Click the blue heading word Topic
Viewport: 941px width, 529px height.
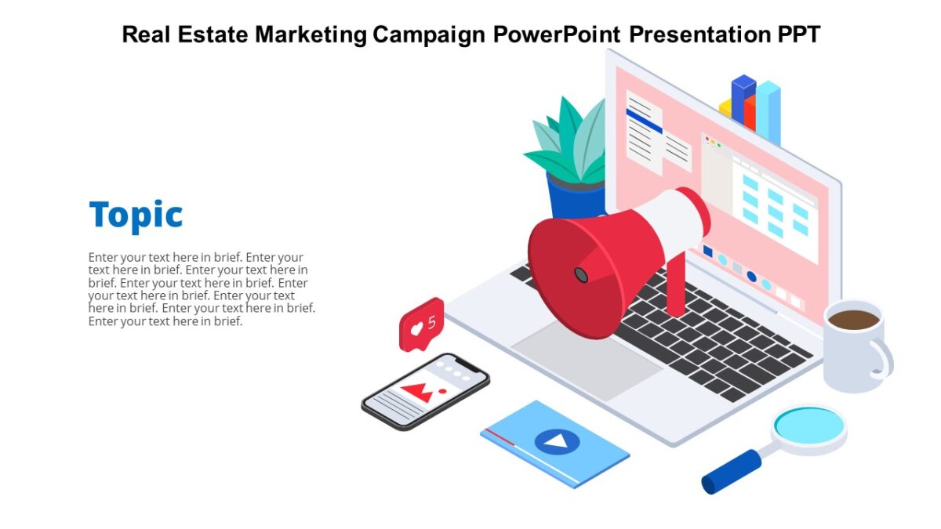click(x=136, y=215)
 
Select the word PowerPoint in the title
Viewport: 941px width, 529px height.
click(x=557, y=34)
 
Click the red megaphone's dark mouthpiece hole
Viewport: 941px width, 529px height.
click(x=580, y=274)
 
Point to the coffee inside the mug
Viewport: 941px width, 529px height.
click(x=853, y=319)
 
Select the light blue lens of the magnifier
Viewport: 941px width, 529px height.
click(x=808, y=424)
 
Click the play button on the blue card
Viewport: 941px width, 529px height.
click(x=557, y=441)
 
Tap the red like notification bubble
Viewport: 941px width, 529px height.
click(x=422, y=324)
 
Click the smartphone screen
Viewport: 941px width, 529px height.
click(x=426, y=390)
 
